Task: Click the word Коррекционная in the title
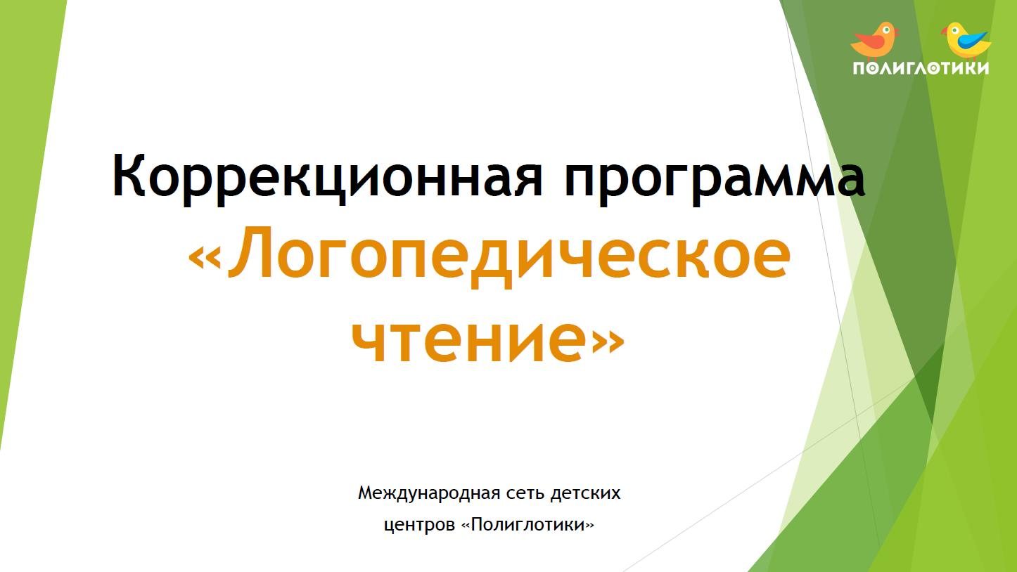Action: click(327, 176)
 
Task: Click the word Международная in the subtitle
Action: click(429, 493)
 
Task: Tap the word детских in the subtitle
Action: click(584, 493)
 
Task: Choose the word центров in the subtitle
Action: click(419, 526)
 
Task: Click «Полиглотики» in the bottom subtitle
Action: click(527, 525)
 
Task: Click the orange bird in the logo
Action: click(874, 41)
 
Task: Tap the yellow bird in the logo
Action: click(966, 41)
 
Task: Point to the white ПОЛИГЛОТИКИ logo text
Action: click(921, 68)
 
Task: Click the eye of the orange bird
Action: click(885, 30)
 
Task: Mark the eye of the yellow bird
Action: click(955, 30)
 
